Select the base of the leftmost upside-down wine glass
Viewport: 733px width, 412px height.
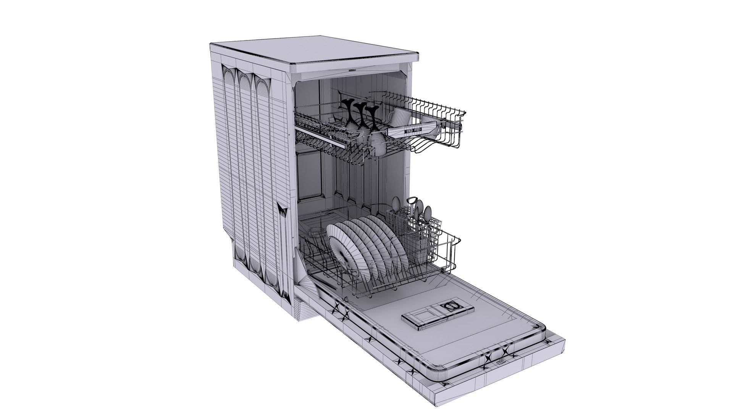81,103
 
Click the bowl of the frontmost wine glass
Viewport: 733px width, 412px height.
377,143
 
